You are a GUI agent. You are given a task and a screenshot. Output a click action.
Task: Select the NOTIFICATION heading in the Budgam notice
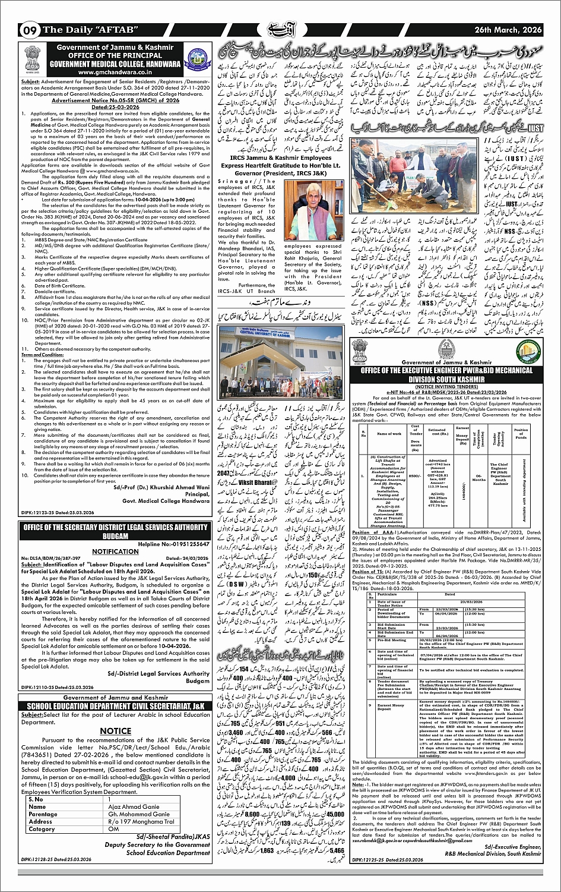pos(115,551)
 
